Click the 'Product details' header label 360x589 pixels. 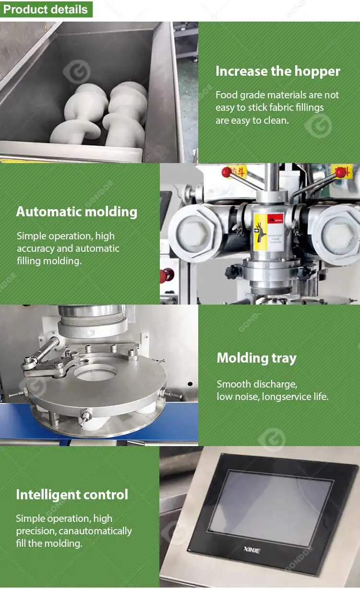[46, 10]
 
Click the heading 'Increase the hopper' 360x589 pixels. [277, 71]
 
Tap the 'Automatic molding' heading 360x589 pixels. [77, 212]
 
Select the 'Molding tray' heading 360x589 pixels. [256, 358]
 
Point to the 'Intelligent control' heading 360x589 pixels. [72, 495]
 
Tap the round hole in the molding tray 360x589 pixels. [96, 373]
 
